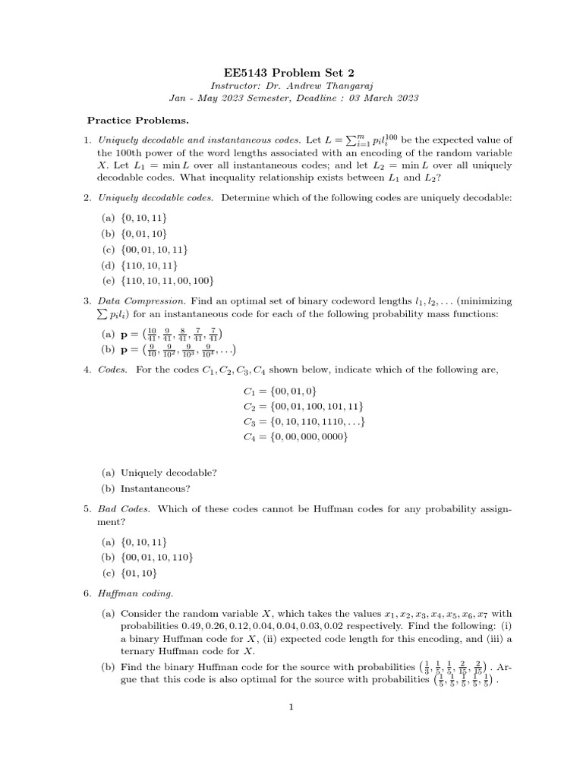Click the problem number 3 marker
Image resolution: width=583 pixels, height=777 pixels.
coord(88,301)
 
